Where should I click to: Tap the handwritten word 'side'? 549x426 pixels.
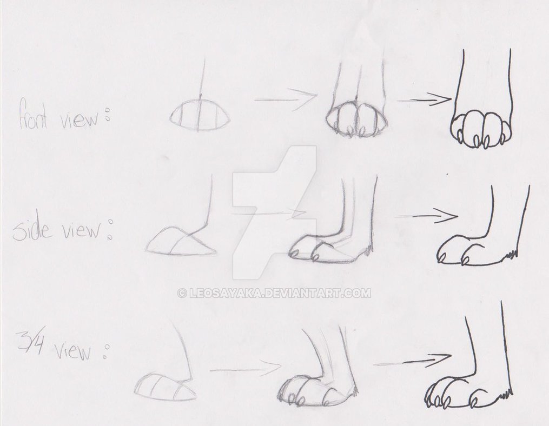(x=32, y=230)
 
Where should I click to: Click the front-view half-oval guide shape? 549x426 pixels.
(x=200, y=117)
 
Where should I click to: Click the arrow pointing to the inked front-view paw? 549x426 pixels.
(x=425, y=99)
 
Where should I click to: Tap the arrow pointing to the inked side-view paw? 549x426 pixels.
(x=427, y=216)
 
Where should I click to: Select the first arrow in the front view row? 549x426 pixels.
(x=286, y=98)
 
